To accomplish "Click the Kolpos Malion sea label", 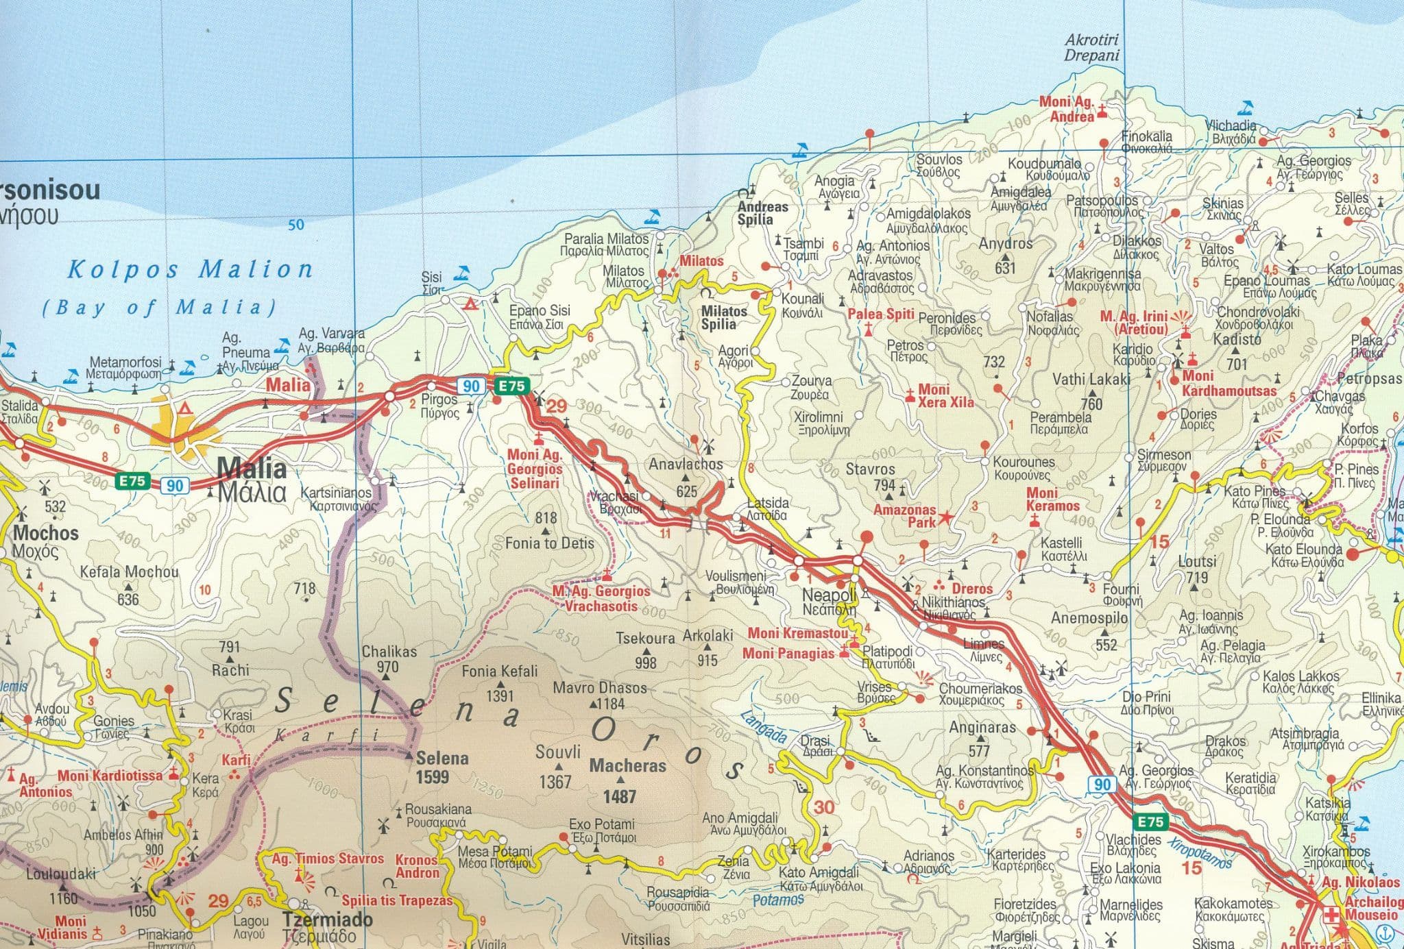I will click(x=190, y=269).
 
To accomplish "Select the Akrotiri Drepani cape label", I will click(x=1091, y=47).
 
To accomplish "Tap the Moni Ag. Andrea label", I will click(x=1066, y=109).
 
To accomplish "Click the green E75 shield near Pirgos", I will click(x=511, y=386).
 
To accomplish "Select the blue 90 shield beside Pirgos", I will click(x=471, y=386).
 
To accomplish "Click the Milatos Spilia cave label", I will click(x=724, y=317).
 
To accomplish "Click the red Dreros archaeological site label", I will click(x=971, y=589).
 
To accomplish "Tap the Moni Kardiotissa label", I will click(x=110, y=776).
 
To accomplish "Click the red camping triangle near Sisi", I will click(x=470, y=304).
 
